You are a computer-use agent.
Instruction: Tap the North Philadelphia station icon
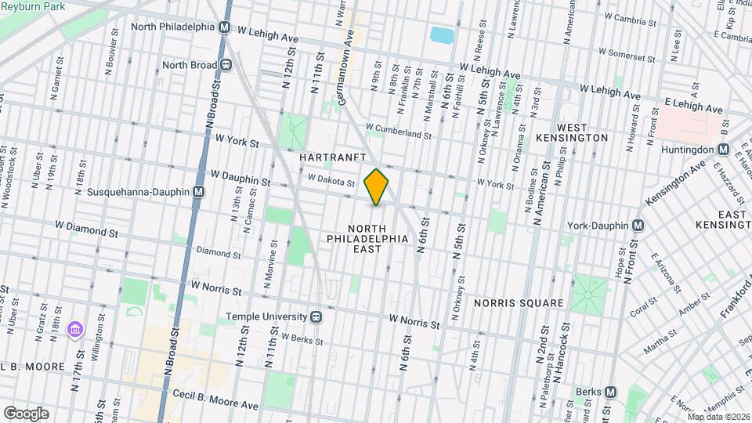225,27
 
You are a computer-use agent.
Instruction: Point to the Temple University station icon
316,316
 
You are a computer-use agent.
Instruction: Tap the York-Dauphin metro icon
638,226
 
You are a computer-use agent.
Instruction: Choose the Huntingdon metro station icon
723,149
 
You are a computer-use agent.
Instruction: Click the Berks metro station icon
611,391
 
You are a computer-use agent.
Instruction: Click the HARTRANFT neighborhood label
333,157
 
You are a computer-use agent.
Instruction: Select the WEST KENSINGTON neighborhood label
582,132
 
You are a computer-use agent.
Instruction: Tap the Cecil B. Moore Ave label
215,405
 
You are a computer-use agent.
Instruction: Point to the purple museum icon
75,327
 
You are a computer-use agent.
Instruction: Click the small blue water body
442,35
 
